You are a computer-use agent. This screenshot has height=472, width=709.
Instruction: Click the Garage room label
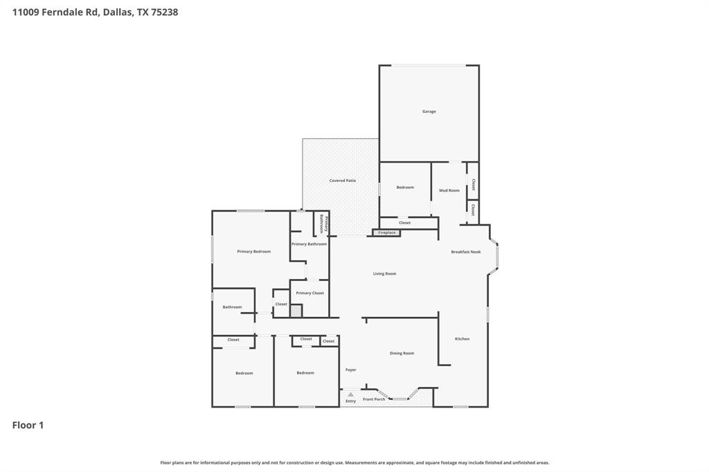(x=429, y=111)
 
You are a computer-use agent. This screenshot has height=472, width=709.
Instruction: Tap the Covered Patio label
(x=342, y=181)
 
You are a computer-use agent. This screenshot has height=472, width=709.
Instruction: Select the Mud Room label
(x=449, y=190)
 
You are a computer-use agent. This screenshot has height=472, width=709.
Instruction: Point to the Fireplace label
(x=387, y=233)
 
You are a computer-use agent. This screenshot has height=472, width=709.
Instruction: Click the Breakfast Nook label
(x=466, y=252)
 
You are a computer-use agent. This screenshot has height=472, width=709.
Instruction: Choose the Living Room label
(x=384, y=273)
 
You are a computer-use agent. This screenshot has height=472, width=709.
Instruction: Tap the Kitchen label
(x=462, y=338)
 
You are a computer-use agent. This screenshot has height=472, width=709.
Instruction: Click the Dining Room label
(x=402, y=353)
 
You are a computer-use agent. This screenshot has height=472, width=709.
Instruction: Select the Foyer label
(x=350, y=370)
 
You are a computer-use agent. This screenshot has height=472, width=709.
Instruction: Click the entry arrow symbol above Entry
(x=351, y=394)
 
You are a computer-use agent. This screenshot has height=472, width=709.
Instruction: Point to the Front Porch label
(x=374, y=399)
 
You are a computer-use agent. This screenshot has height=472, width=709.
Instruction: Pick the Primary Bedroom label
(x=253, y=251)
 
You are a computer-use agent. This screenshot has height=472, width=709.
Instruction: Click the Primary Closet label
(x=309, y=293)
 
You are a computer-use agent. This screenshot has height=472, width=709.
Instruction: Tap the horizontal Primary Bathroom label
(x=309, y=244)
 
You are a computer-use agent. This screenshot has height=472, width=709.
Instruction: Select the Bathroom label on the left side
(x=232, y=307)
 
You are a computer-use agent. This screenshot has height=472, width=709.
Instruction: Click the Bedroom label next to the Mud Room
(x=405, y=187)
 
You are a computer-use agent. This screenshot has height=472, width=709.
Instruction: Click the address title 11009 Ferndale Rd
(x=95, y=12)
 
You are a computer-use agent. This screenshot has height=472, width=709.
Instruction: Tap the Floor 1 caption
(x=28, y=425)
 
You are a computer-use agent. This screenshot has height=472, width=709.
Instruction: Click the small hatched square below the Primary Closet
(x=296, y=311)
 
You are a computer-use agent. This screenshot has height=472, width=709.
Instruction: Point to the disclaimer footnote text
(x=354, y=462)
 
